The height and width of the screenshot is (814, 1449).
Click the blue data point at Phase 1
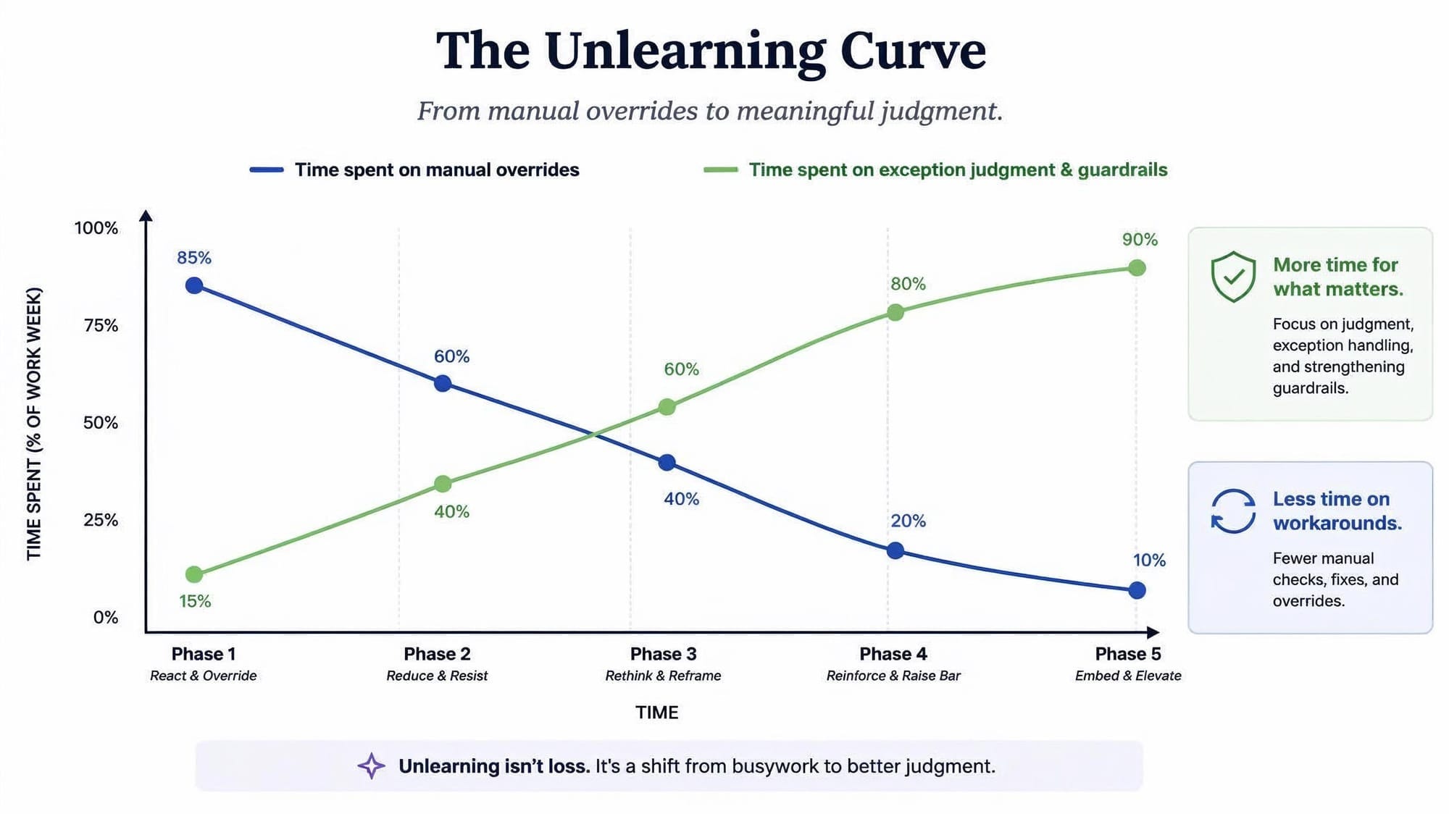tap(194, 285)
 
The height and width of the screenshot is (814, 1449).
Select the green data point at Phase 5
tap(1137, 268)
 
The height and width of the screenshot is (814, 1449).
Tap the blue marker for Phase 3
tap(667, 462)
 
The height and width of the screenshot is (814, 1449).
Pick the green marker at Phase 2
tap(443, 484)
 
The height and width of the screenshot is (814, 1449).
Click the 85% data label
tap(194, 258)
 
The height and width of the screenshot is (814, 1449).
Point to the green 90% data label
tap(1140, 240)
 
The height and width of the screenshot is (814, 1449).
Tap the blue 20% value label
tap(908, 521)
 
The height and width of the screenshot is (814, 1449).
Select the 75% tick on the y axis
tap(101, 325)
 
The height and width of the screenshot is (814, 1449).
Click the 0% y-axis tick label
tap(106, 617)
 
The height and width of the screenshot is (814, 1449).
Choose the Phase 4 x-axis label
tap(893, 654)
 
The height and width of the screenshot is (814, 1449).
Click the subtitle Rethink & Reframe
tap(663, 676)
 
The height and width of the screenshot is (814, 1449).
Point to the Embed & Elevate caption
tap(1128, 676)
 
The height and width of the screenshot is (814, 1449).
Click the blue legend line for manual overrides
tap(267, 170)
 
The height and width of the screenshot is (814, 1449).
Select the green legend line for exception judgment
tap(721, 170)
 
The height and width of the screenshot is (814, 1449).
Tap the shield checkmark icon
tap(1233, 277)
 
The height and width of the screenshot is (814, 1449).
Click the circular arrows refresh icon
tap(1233, 511)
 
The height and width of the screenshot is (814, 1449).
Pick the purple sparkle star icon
tap(371, 766)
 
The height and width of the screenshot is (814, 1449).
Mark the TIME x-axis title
tap(657, 713)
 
